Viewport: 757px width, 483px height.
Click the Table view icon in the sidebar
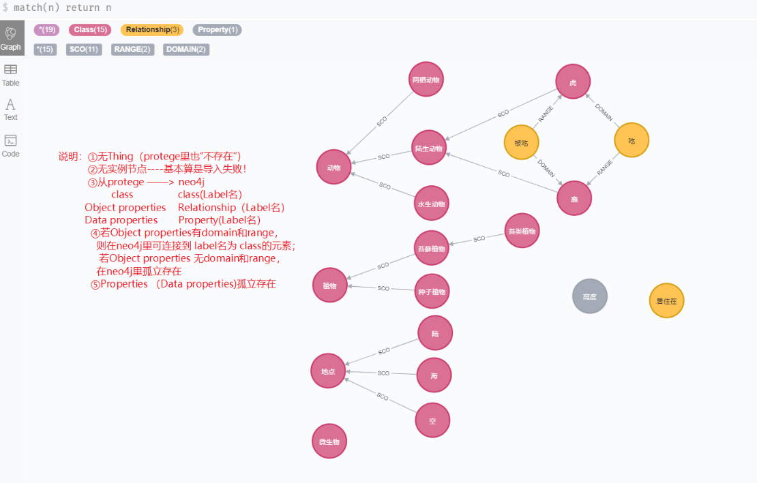pyautogui.click(x=11, y=74)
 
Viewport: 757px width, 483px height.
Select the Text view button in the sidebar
pyautogui.click(x=11, y=109)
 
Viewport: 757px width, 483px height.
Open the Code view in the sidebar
pyautogui.click(x=11, y=146)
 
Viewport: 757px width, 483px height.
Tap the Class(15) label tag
pyautogui.click(x=89, y=30)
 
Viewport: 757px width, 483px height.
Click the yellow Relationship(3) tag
pyautogui.click(x=152, y=30)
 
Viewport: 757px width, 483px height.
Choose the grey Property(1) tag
pyautogui.click(x=217, y=30)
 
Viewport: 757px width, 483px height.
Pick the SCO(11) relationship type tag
pyautogui.click(x=84, y=49)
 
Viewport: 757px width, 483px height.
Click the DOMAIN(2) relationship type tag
pyautogui.click(x=186, y=49)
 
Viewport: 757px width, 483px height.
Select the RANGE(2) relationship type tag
pyautogui.click(x=132, y=49)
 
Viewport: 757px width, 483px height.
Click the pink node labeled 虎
pyautogui.click(x=573, y=82)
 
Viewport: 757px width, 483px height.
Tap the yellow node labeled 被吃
pyautogui.click(x=521, y=143)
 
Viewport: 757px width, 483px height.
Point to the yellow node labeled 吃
pyautogui.click(x=632, y=140)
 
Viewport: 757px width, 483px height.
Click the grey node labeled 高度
pyautogui.click(x=590, y=296)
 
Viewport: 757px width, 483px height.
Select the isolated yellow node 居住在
pyautogui.click(x=666, y=300)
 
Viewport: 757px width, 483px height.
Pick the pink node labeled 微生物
pyautogui.click(x=329, y=441)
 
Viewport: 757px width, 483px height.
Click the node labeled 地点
pyautogui.click(x=328, y=371)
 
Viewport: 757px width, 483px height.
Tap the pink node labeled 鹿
pyautogui.click(x=574, y=198)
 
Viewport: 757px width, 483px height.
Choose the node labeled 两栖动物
pyautogui.click(x=427, y=80)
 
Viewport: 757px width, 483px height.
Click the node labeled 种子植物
pyautogui.click(x=432, y=292)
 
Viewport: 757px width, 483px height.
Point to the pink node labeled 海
pyautogui.click(x=434, y=375)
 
